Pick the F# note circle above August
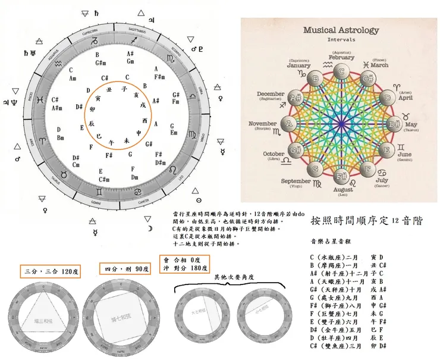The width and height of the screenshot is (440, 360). [341, 176]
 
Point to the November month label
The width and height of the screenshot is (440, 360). [262, 124]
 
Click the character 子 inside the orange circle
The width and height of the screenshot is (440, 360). [124, 89]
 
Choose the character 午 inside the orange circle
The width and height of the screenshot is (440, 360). [111, 143]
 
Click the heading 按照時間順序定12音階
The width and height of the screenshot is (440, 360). [366, 220]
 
